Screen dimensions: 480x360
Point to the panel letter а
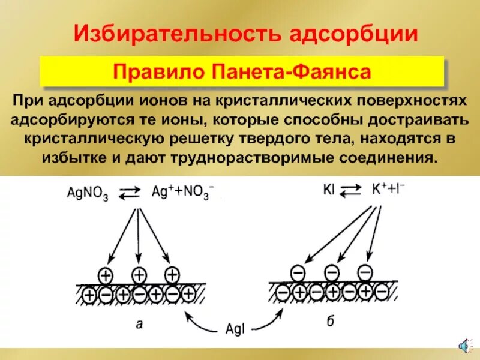click(139, 324)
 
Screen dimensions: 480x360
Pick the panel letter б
click(330, 322)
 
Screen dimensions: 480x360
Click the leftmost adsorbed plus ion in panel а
click(106, 275)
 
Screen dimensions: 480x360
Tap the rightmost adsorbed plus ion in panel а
click(172, 275)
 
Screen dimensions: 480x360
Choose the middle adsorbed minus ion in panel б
click(331, 272)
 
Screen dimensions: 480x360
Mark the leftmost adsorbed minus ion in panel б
click(298, 274)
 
